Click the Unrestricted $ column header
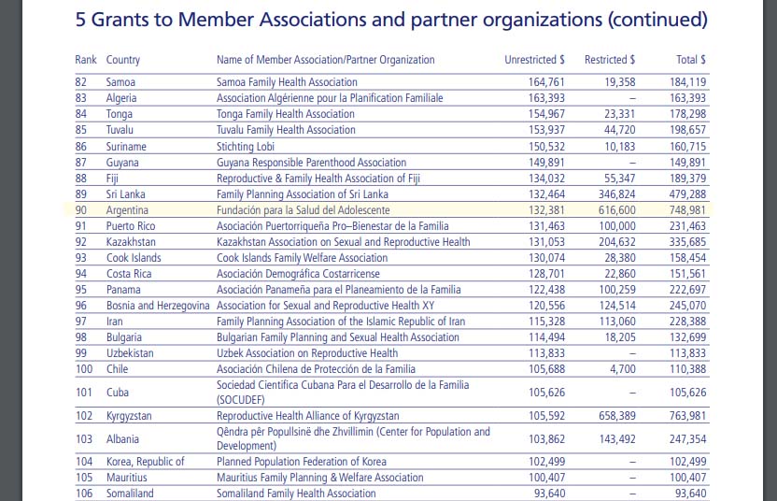click(534, 60)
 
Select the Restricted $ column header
click(610, 60)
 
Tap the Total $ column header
click(690, 60)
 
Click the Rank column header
click(86, 60)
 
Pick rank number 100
click(85, 369)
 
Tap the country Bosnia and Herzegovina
click(158, 306)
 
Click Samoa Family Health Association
click(287, 82)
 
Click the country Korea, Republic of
click(146, 461)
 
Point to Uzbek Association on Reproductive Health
click(307, 353)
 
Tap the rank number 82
click(81, 82)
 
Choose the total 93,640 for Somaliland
click(690, 493)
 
